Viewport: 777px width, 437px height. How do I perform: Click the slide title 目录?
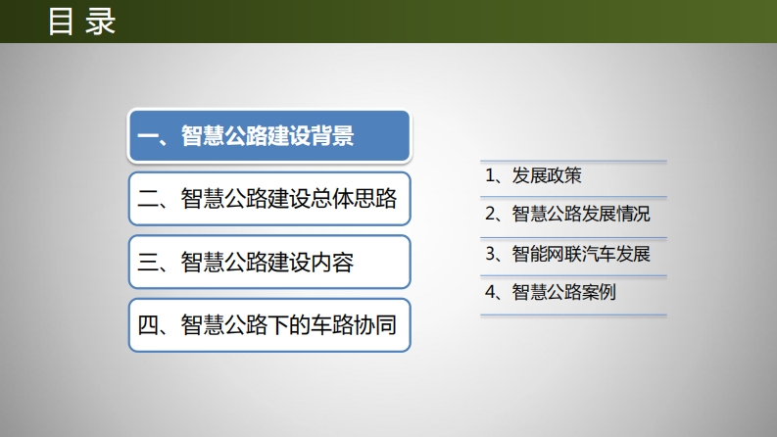click(81, 22)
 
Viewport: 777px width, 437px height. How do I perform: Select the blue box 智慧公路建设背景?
click(269, 136)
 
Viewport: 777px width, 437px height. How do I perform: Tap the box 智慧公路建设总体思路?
click(269, 199)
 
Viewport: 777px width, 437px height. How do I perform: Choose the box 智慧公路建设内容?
click(269, 262)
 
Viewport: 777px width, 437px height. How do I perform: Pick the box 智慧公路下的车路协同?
click(269, 325)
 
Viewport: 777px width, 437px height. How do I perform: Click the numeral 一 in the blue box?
click(148, 136)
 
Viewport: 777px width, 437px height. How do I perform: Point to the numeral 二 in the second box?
click(148, 199)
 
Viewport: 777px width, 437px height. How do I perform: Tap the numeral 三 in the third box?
click(148, 263)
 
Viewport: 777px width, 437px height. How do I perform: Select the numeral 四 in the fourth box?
click(148, 325)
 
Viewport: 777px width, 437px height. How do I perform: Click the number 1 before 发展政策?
click(490, 176)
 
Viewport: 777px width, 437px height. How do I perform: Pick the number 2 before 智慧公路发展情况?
click(490, 214)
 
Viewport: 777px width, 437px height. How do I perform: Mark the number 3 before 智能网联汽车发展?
click(490, 254)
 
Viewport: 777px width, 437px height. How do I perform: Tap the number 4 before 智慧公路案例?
click(490, 292)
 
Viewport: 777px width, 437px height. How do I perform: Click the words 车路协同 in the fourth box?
click(353, 325)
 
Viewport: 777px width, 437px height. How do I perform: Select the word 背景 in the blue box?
click(332, 136)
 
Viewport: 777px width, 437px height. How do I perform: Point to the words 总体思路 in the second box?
click(353, 199)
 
